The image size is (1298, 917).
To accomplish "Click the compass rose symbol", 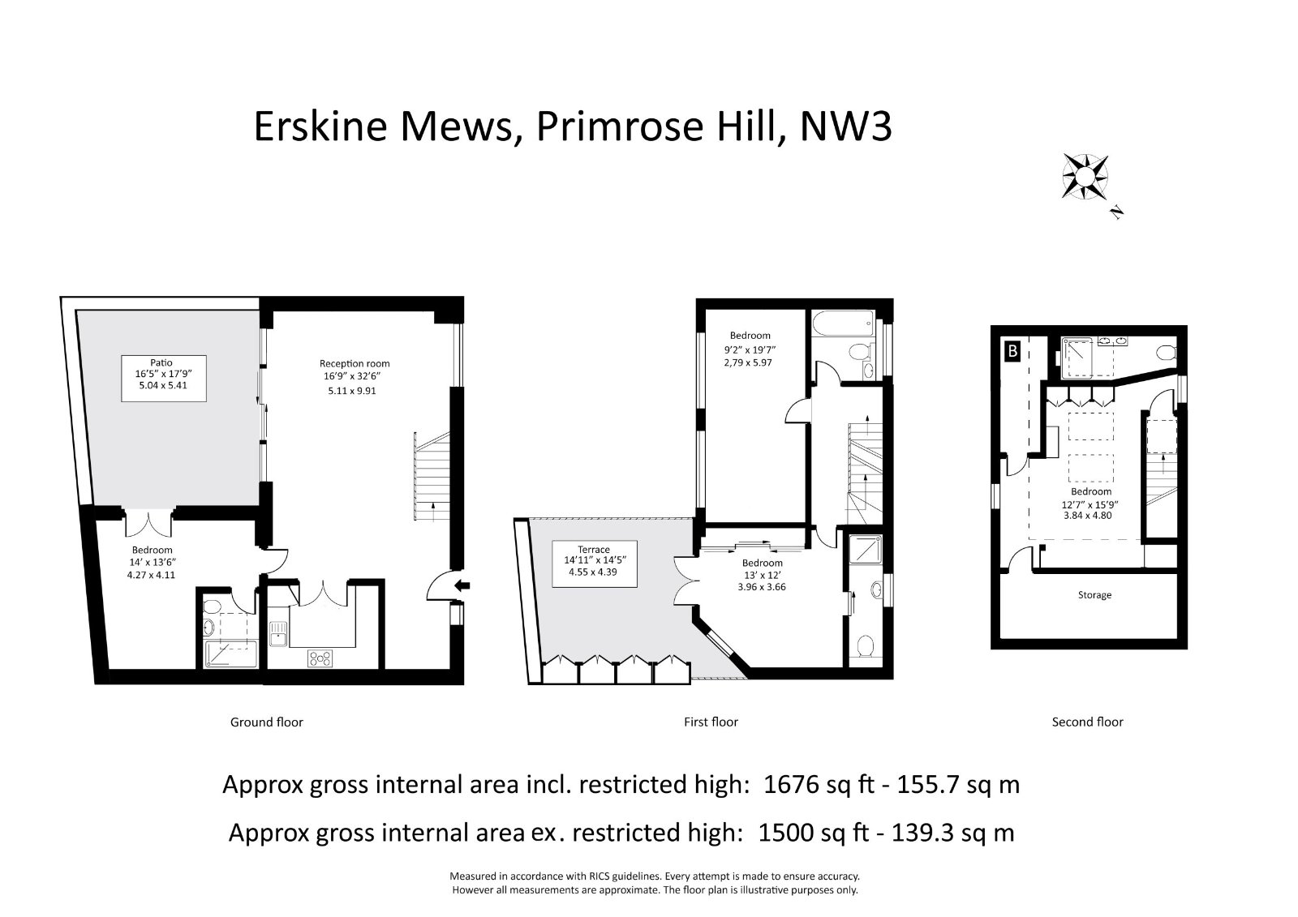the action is click(1085, 178).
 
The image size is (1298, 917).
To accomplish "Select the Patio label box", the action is click(163, 379).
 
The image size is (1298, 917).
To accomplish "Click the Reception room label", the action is click(355, 364).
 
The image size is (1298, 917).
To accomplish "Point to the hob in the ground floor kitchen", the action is click(320, 658).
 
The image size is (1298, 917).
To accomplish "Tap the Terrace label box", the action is click(594, 563).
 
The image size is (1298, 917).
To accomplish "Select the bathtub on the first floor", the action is click(843, 323).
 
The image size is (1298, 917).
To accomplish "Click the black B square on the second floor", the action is click(1013, 351).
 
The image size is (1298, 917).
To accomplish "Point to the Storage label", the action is click(1094, 595).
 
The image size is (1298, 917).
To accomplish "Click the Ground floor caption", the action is click(267, 722).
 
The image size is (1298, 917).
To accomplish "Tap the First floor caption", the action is click(711, 722).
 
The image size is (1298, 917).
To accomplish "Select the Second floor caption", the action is click(1088, 722).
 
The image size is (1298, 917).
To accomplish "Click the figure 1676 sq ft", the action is click(819, 785).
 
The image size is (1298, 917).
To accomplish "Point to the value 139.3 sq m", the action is click(952, 833).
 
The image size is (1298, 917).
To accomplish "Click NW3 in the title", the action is click(845, 126).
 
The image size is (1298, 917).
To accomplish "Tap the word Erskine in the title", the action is click(320, 126).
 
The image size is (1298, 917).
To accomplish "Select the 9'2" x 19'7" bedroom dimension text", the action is click(750, 349).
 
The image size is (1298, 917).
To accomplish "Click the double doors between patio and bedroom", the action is click(149, 523).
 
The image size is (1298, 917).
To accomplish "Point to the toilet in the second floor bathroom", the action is click(1167, 352).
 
